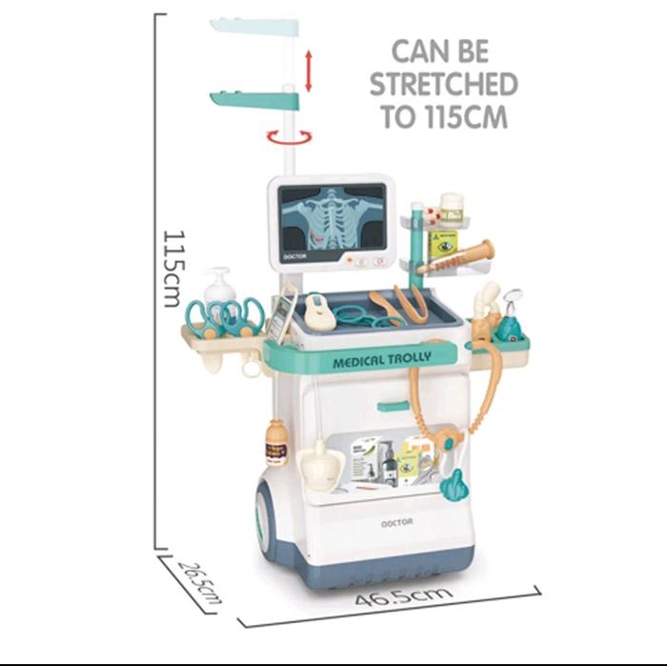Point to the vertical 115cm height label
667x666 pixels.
[x=172, y=267]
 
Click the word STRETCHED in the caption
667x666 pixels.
[x=444, y=84]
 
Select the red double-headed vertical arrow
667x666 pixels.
[x=308, y=71]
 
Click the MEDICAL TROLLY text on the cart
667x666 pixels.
[x=382, y=358]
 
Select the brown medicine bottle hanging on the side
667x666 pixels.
[x=277, y=442]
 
